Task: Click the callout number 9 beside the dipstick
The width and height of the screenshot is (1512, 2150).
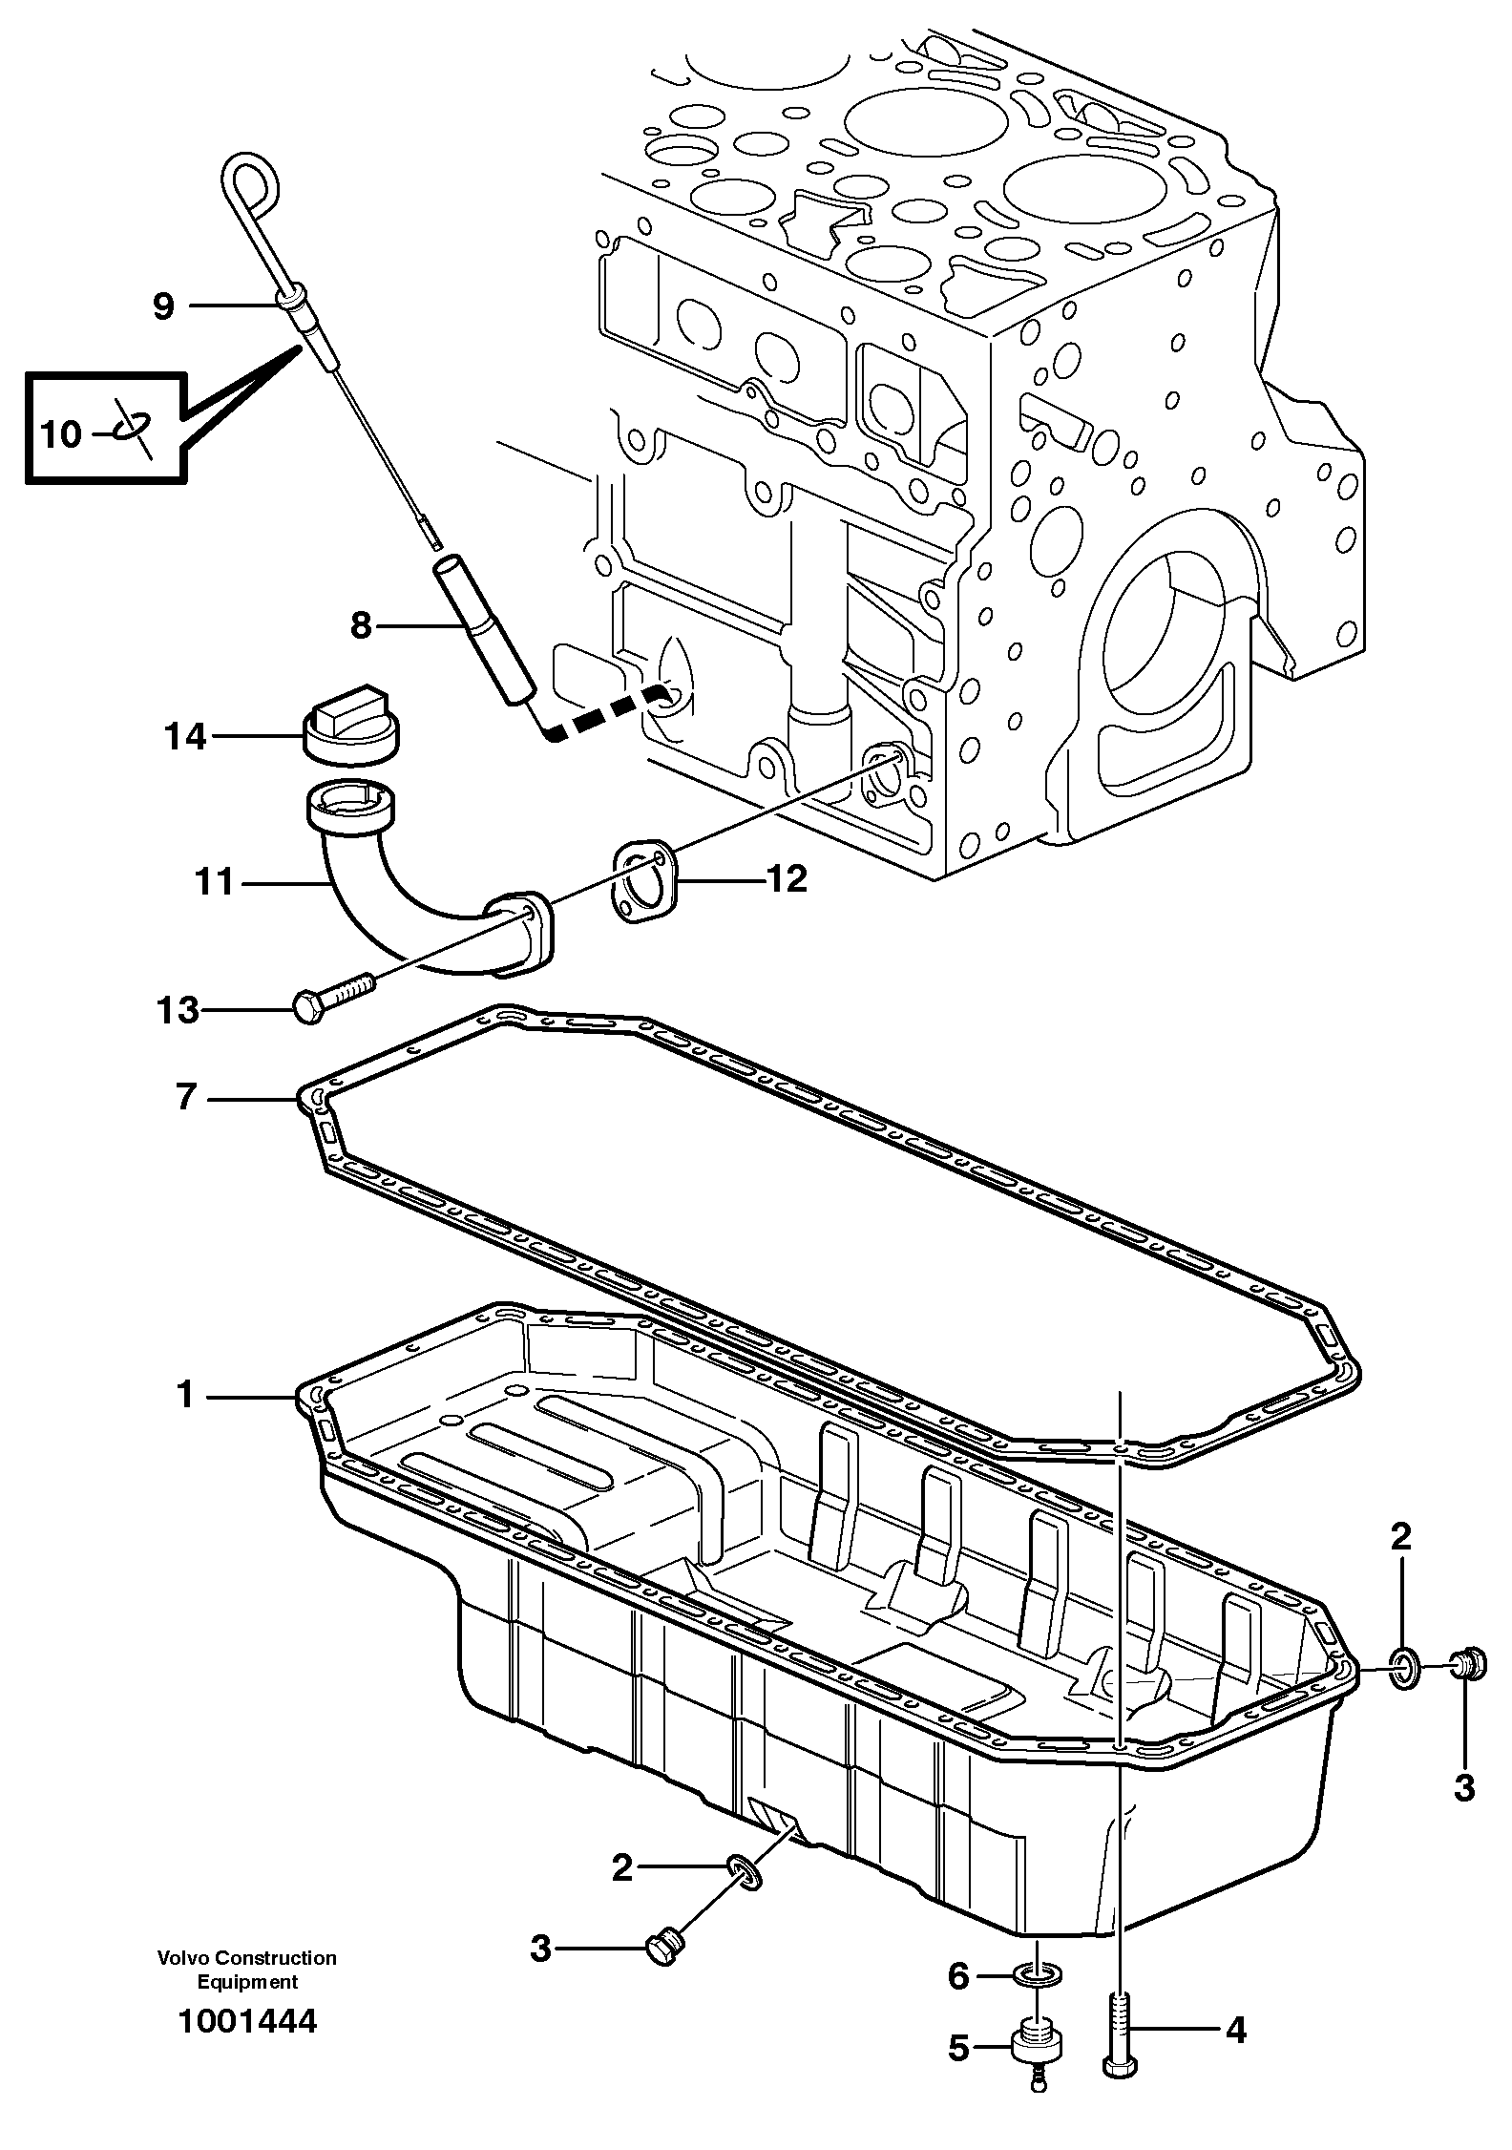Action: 164,306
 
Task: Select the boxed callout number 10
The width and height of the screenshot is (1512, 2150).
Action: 61,434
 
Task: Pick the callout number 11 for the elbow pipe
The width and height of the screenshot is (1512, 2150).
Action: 215,881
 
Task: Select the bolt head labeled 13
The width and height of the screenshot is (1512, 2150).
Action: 307,1007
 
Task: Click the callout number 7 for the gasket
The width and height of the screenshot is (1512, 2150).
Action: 185,1098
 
